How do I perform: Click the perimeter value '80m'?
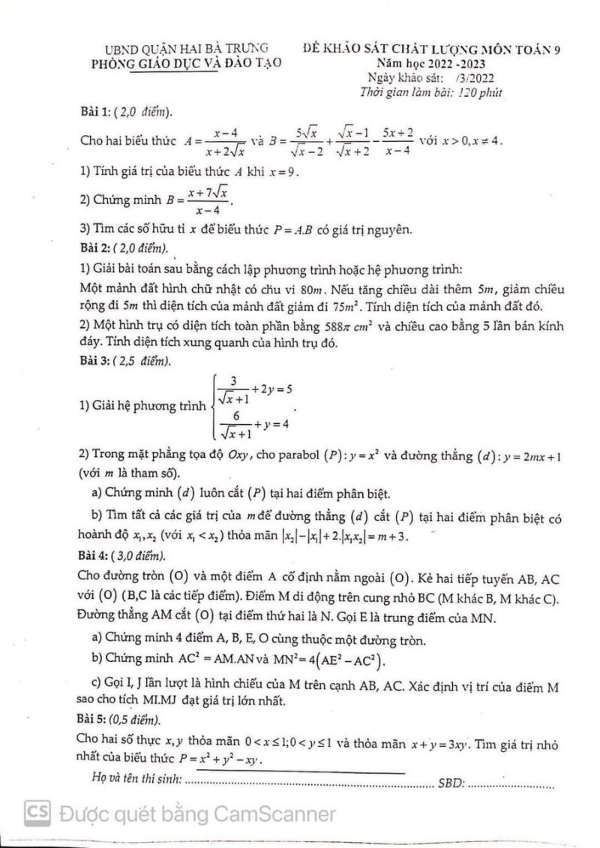[312, 289]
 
